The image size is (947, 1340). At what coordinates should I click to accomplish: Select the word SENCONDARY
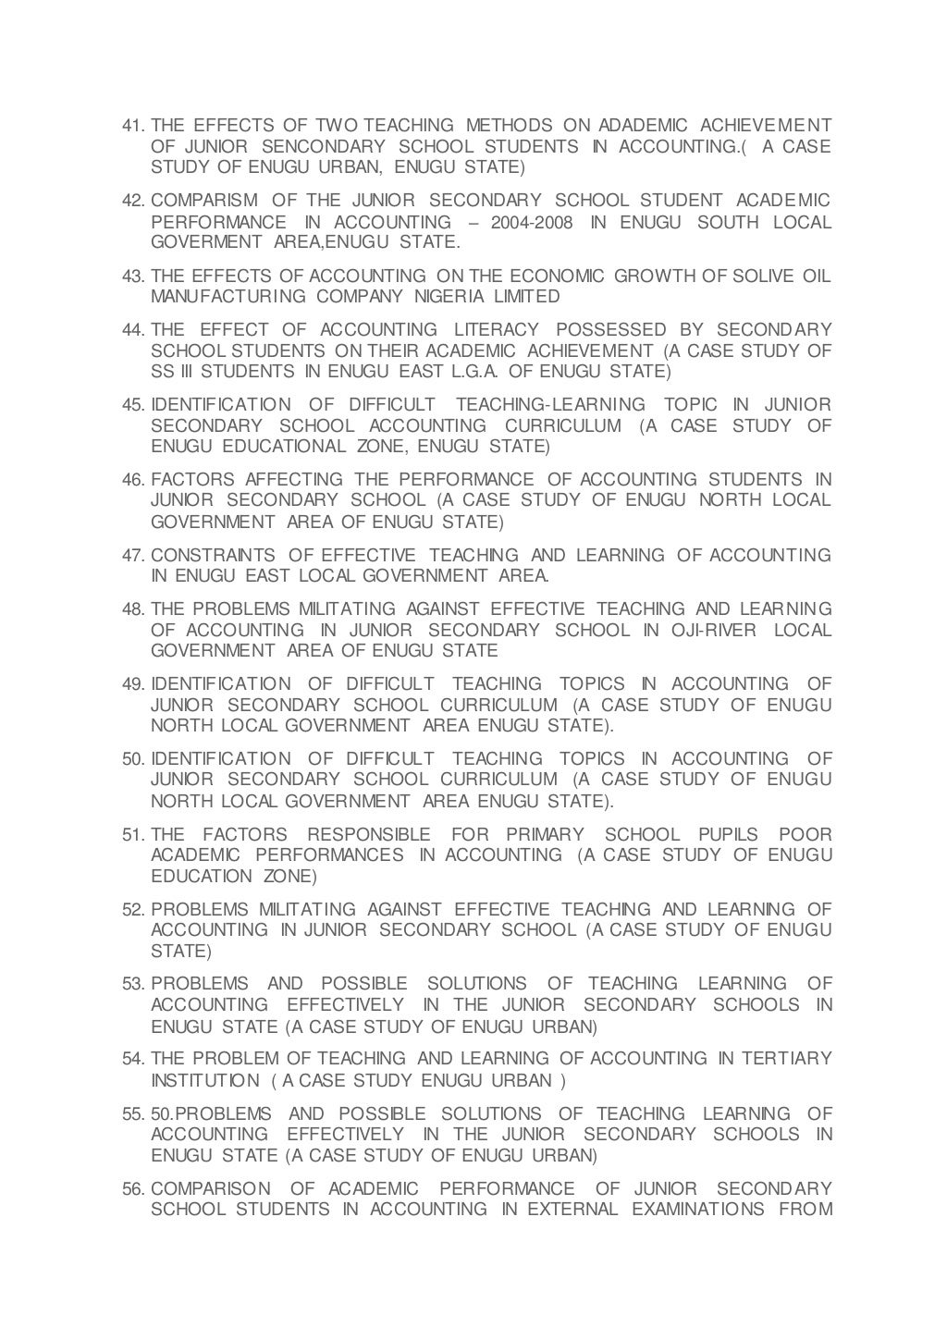324,147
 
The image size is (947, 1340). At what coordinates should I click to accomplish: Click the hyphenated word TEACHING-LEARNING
551,405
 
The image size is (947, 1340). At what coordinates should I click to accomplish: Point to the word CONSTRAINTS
213,555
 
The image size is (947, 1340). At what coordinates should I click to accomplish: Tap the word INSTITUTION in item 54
205,1080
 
